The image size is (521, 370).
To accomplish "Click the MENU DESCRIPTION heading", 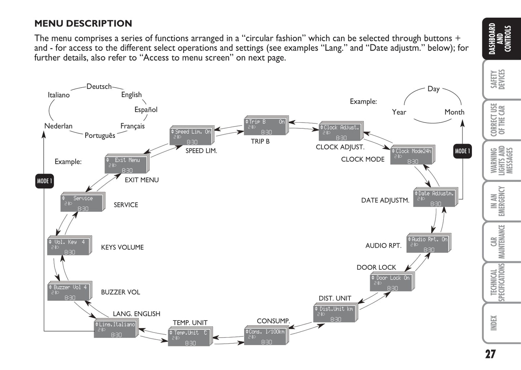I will pyautogui.click(x=83, y=23).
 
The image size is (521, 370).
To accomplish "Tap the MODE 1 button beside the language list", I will pyautogui.click(x=44, y=181).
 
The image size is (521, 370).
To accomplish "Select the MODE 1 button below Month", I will pyautogui.click(x=462, y=151).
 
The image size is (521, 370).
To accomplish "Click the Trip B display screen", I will pyautogui.click(x=265, y=127).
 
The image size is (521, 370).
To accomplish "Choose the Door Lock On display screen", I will pyautogui.click(x=391, y=283).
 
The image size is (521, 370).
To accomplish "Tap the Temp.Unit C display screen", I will pyautogui.click(x=189, y=338).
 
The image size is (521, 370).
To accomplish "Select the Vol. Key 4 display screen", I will pyautogui.click(x=69, y=247).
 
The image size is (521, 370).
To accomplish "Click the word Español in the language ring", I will pyautogui.click(x=146, y=110).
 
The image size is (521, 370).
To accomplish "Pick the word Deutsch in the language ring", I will pyautogui.click(x=99, y=87).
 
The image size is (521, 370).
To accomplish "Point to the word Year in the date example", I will pyautogui.click(x=399, y=112).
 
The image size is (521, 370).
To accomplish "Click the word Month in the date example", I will pyautogui.click(x=454, y=112).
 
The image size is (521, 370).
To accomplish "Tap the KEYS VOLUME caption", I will pyautogui.click(x=122, y=247).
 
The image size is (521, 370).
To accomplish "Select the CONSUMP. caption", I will pyautogui.click(x=273, y=321).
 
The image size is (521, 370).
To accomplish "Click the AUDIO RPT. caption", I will pyautogui.click(x=383, y=246).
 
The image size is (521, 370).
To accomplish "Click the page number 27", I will pyautogui.click(x=490, y=354).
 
